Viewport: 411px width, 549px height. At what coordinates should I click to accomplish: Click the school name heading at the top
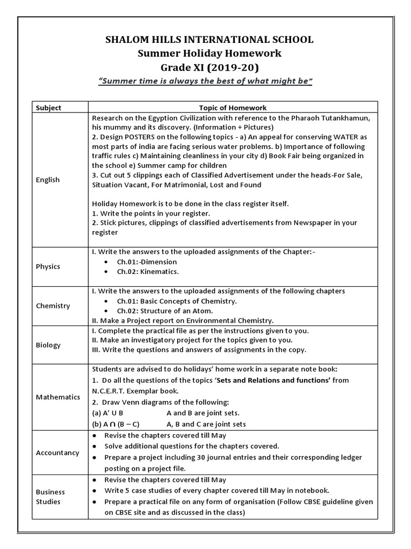click(x=206, y=39)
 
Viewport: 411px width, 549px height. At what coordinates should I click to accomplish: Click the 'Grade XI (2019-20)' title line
click(x=206, y=67)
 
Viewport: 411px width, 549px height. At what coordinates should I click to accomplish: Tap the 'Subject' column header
click(x=48, y=107)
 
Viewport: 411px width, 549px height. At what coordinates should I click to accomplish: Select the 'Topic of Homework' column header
click(x=233, y=107)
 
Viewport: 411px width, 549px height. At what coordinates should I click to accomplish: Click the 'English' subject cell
click(x=48, y=180)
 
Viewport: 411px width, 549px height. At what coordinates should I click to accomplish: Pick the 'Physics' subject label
click(x=48, y=266)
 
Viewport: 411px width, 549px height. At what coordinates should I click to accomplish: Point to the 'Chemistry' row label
click(x=53, y=306)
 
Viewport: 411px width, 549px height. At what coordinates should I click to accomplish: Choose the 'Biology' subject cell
click(x=48, y=345)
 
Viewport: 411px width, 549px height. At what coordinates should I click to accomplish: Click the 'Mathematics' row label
click(x=58, y=397)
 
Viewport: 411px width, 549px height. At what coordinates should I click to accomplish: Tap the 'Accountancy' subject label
click(x=57, y=452)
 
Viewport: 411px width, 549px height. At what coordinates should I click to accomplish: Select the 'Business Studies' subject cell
click(x=50, y=496)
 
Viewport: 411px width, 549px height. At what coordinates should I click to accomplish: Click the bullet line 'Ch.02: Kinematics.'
click(x=148, y=272)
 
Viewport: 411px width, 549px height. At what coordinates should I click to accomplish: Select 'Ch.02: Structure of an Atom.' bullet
click(x=165, y=310)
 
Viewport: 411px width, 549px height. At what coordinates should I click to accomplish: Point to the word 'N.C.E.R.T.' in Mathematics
click(x=113, y=391)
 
